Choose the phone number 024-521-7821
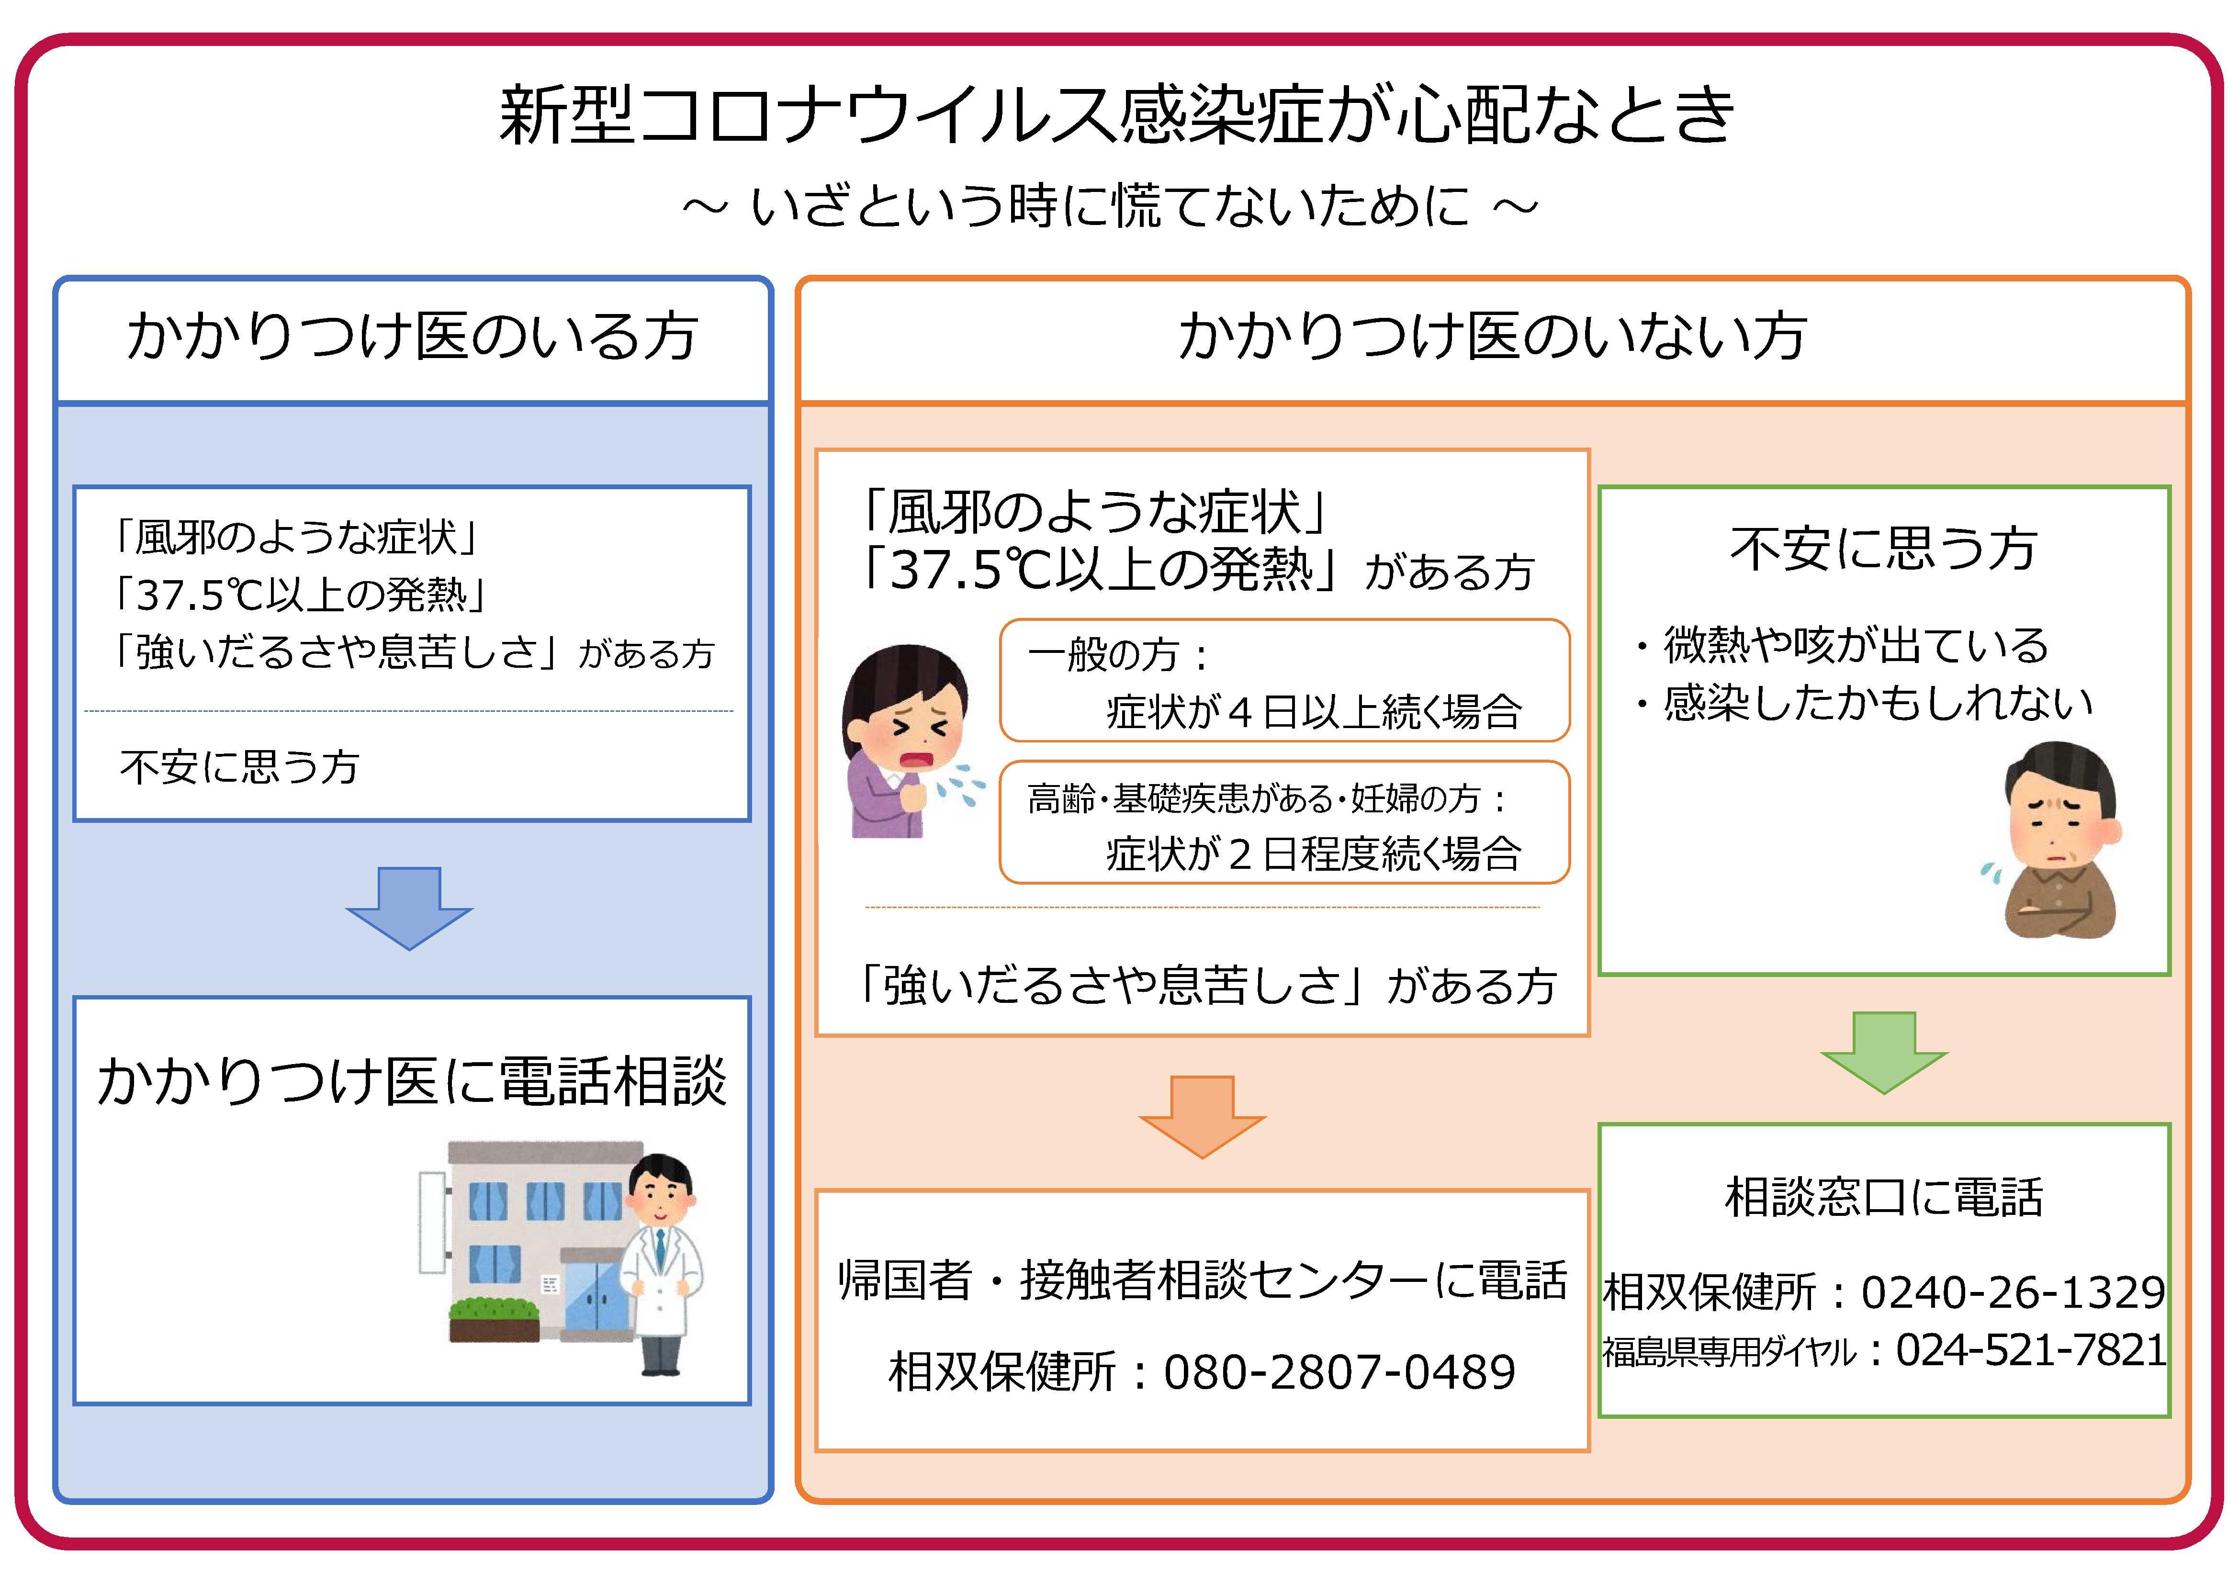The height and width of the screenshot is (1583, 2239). click(x=2030, y=1350)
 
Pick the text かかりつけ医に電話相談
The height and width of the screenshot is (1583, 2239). click(x=412, y=1081)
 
